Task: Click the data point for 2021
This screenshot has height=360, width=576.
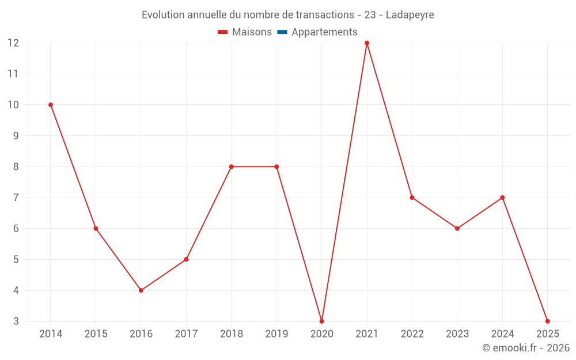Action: click(x=367, y=43)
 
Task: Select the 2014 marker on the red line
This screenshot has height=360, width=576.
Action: click(x=51, y=105)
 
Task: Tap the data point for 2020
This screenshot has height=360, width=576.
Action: click(x=321, y=321)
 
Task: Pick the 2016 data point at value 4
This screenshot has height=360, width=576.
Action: click(x=141, y=290)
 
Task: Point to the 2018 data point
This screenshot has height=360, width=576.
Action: click(x=231, y=166)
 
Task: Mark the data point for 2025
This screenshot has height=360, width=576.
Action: click(x=547, y=321)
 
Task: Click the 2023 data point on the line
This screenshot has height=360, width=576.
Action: click(x=457, y=229)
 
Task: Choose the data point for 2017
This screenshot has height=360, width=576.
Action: click(x=186, y=259)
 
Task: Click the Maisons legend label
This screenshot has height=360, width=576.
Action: click(x=252, y=32)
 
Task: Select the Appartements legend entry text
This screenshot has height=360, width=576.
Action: click(x=324, y=32)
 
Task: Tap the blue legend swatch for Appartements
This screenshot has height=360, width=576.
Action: click(x=282, y=32)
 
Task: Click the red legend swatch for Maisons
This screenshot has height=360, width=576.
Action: click(x=222, y=32)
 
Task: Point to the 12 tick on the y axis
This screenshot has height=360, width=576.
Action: click(x=13, y=43)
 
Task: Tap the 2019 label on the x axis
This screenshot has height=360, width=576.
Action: click(x=276, y=334)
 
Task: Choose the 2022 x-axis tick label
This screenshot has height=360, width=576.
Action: click(x=412, y=334)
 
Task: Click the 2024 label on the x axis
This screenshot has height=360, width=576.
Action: click(x=502, y=334)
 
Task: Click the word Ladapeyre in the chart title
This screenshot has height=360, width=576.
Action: click(x=410, y=15)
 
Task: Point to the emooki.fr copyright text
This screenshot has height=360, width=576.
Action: click(x=526, y=348)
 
